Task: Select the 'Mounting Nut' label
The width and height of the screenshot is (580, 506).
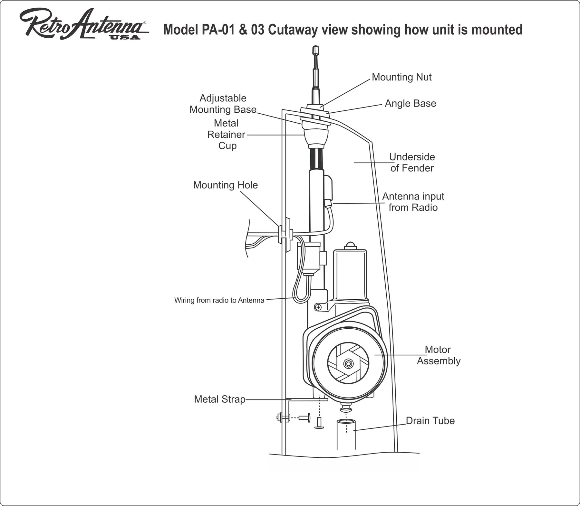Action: (x=401, y=77)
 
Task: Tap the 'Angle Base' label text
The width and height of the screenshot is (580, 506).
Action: (x=410, y=103)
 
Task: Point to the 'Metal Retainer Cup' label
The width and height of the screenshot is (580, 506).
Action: (x=226, y=134)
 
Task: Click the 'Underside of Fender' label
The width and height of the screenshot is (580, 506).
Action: (x=412, y=162)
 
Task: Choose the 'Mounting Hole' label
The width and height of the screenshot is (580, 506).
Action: (x=225, y=185)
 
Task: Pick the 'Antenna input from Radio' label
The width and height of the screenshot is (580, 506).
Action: (x=413, y=201)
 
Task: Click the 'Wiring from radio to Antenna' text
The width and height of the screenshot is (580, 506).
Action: (x=219, y=300)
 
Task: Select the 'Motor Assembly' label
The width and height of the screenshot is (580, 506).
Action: (x=438, y=355)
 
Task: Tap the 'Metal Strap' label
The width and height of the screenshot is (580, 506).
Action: (x=219, y=399)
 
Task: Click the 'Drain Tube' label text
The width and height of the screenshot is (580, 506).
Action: (x=430, y=421)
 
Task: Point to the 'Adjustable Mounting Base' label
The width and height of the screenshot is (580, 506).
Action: (x=223, y=104)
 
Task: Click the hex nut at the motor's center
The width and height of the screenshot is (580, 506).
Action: (x=348, y=364)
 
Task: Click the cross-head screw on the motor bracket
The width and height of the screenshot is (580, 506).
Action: (x=318, y=307)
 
